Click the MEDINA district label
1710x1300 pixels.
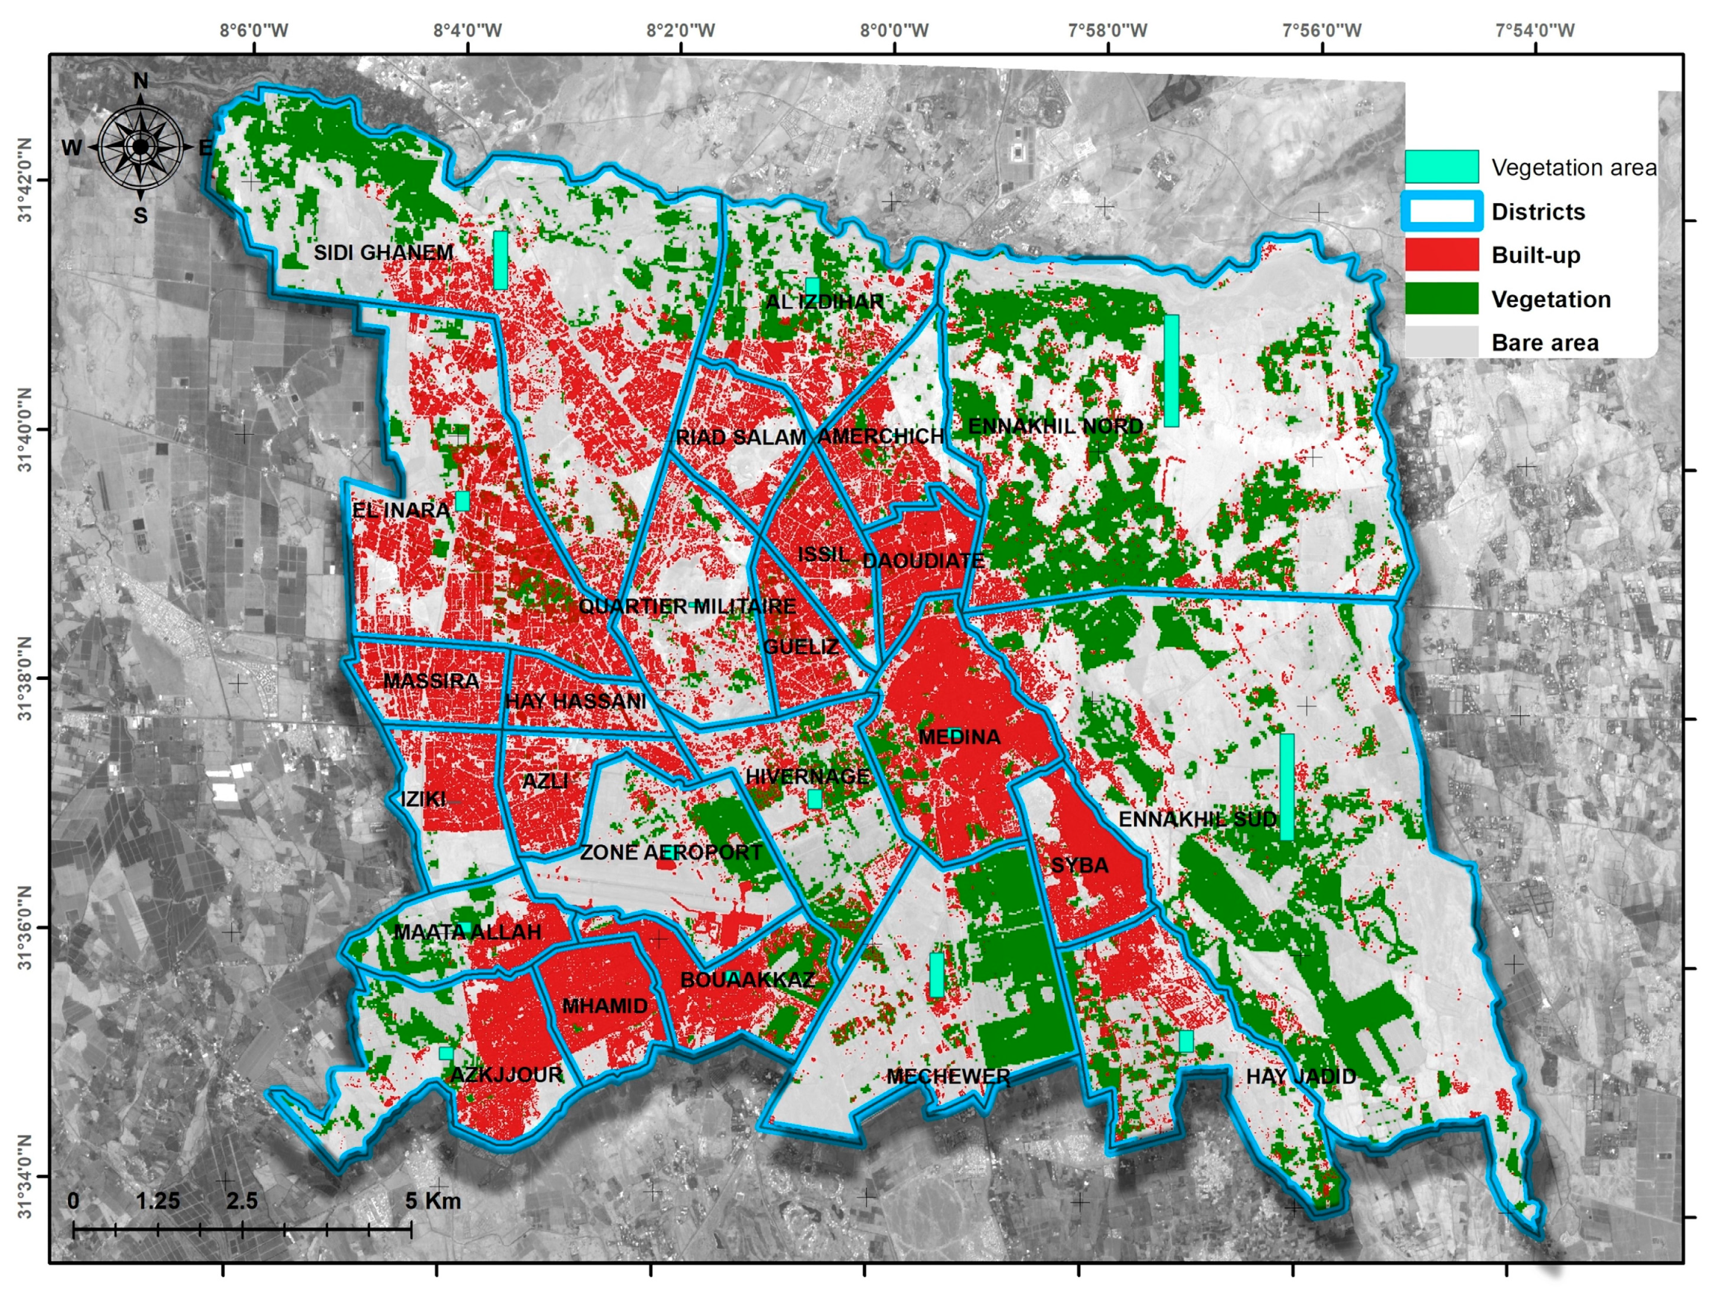click(958, 737)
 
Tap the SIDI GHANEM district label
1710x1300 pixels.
click(383, 253)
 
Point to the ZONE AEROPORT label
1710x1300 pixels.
click(671, 853)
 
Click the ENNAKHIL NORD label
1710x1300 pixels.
click(1054, 426)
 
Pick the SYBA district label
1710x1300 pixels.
click(1079, 865)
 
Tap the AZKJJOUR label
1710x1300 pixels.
click(506, 1074)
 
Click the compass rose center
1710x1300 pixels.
click(140, 146)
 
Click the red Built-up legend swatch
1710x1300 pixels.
click(1441, 255)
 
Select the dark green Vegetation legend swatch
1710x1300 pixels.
click(1441, 299)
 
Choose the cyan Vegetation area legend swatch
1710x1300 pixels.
click(1441, 166)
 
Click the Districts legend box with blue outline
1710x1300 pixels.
click(1441, 211)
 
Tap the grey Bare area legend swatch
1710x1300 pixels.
click(1441, 342)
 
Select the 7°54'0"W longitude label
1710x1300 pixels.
click(1534, 31)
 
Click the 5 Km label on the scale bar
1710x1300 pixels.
click(433, 1201)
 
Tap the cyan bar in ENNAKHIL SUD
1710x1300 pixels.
click(1286, 786)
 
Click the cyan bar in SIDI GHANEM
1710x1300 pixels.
click(501, 260)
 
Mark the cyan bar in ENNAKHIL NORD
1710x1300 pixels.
click(1171, 371)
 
